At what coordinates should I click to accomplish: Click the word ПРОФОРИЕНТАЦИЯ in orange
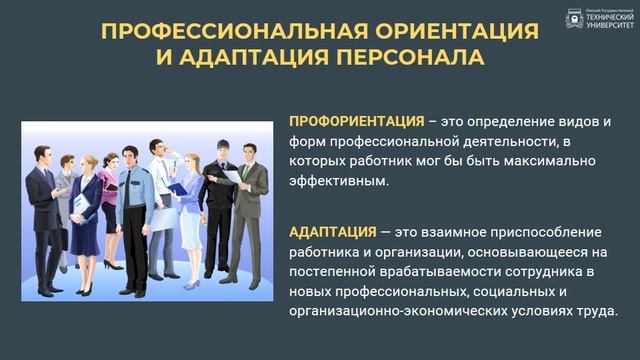(347, 121)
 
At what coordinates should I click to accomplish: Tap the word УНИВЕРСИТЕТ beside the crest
(608, 25)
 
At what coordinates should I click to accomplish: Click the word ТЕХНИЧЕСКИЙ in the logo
(608, 17)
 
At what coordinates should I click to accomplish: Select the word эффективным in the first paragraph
(338, 181)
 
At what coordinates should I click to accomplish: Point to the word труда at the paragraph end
(596, 311)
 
